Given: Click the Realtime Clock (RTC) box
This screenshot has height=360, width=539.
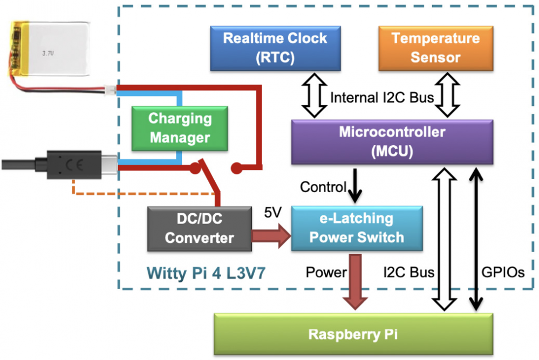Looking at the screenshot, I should click(x=275, y=47).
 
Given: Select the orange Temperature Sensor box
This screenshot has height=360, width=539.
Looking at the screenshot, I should click(x=435, y=47).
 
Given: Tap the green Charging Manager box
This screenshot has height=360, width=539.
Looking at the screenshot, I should click(x=180, y=128).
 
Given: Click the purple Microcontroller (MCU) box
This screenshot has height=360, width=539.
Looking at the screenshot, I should click(x=392, y=141).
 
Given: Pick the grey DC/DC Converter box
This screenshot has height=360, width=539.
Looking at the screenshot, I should click(x=200, y=229).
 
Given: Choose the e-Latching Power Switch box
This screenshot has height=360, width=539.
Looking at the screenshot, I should click(x=356, y=228).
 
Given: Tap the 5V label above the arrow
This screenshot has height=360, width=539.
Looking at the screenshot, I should click(x=272, y=213).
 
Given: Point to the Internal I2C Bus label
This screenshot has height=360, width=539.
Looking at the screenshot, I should click(x=382, y=98).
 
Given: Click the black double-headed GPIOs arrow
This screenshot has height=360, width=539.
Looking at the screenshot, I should click(x=475, y=237).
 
